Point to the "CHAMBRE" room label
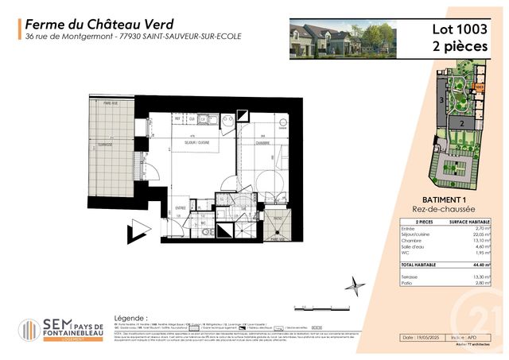262,142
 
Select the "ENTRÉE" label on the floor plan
181,208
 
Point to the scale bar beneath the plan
312,306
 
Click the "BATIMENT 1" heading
441,201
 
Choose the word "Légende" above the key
131,316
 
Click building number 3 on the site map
441,100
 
